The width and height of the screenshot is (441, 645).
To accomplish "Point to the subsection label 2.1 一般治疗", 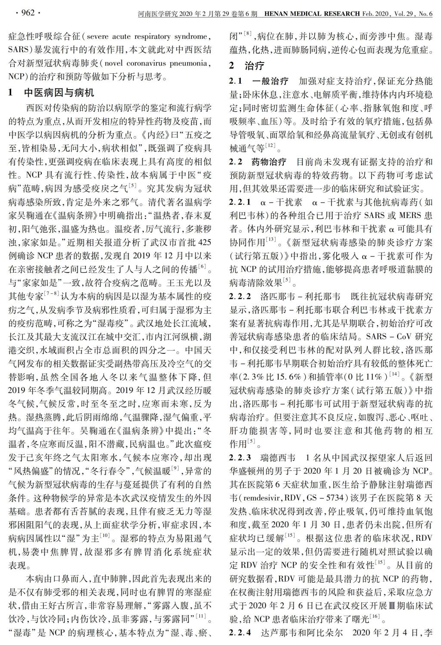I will coord(258,81).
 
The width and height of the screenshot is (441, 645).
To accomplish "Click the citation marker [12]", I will coord(271,146).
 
